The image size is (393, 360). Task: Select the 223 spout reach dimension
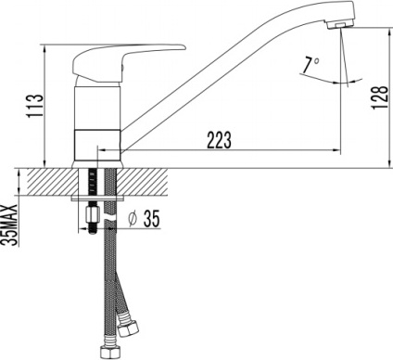click(x=218, y=139)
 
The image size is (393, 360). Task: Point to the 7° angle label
click(x=312, y=66)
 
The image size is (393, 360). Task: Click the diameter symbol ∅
click(x=133, y=220)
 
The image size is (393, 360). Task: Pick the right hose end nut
click(x=126, y=327)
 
